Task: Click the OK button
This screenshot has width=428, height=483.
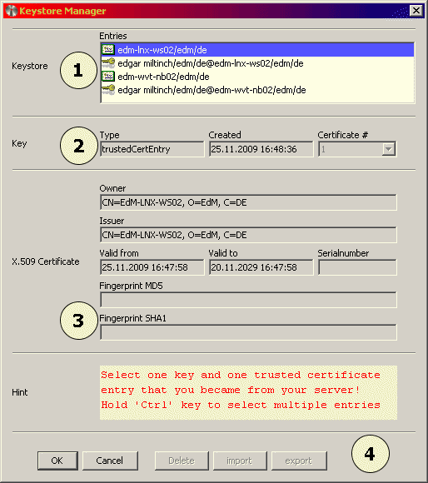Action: (57, 460)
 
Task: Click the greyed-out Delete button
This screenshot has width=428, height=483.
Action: (182, 460)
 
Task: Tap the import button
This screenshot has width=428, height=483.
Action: (239, 460)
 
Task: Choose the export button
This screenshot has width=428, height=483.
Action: (298, 460)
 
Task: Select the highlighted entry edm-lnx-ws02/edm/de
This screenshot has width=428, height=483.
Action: (151, 51)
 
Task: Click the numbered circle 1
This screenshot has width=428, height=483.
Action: (79, 71)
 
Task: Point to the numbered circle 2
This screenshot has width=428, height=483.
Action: (79, 146)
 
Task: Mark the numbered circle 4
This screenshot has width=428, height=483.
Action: (371, 454)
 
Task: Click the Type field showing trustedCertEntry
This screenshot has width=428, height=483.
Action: (151, 149)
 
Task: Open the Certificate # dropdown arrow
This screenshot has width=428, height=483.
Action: (388, 149)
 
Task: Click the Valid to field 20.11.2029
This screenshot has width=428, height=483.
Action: (260, 267)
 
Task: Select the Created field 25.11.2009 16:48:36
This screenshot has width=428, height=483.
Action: (260, 149)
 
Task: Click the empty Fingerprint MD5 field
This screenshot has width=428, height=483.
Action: (247, 300)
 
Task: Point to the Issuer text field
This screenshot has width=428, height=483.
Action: (247, 235)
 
